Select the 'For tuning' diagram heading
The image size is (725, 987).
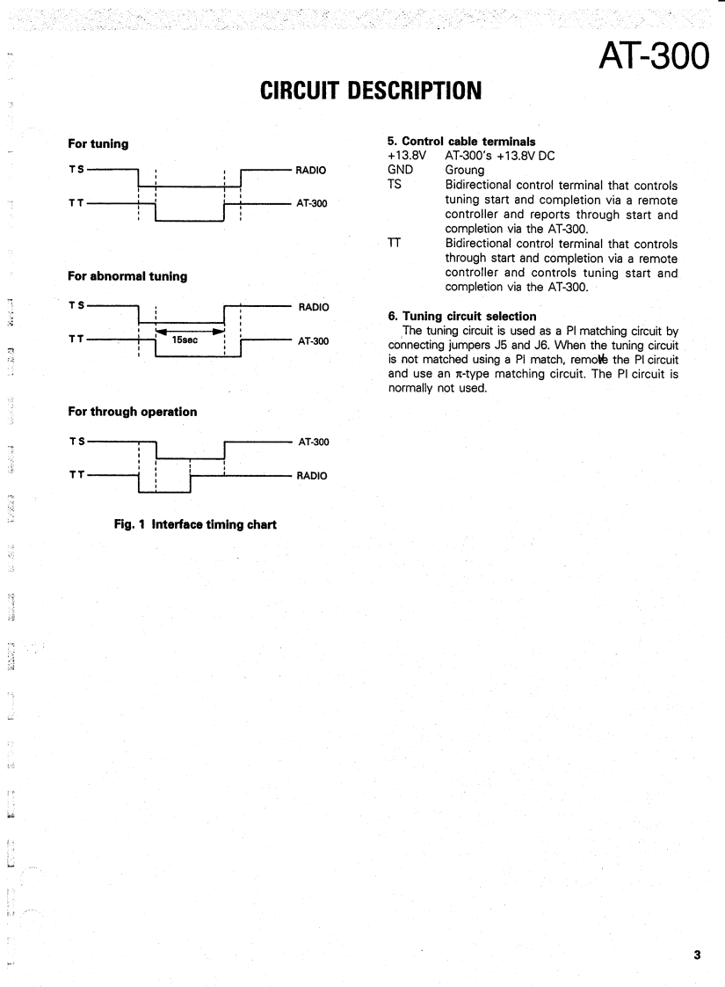(x=98, y=143)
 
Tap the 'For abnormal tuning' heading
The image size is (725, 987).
(x=127, y=276)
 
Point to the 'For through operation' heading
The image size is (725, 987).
(x=133, y=412)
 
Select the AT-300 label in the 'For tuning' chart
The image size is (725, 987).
(x=314, y=205)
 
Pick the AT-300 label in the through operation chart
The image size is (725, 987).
(x=314, y=442)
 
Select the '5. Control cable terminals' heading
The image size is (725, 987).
(x=461, y=141)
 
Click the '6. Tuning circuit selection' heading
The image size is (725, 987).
(x=461, y=316)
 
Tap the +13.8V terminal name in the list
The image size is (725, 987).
(x=406, y=156)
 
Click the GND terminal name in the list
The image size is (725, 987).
(x=401, y=170)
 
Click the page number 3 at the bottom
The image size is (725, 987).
(x=696, y=955)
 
